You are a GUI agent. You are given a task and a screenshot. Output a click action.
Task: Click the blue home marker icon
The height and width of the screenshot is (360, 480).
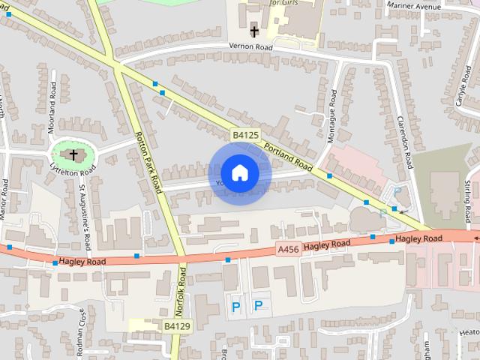coord(239,173)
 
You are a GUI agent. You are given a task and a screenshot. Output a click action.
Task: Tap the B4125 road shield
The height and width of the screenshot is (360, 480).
coord(245,135)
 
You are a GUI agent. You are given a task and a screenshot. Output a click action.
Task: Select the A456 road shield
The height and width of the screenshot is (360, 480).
coord(289,249)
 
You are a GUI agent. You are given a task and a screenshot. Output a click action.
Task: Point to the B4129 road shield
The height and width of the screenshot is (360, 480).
coord(178,326)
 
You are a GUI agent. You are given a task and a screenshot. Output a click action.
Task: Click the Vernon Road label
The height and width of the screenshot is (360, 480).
coord(251,46)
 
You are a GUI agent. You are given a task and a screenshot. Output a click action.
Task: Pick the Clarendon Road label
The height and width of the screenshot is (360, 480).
coord(406,142)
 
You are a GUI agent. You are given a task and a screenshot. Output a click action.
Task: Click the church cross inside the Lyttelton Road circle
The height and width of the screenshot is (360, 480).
coord(73,155)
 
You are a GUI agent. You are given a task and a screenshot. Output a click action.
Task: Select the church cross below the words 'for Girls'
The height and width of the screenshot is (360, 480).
coord(255,31)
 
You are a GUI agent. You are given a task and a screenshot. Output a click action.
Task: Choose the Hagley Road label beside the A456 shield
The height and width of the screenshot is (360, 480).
coord(327,244)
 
